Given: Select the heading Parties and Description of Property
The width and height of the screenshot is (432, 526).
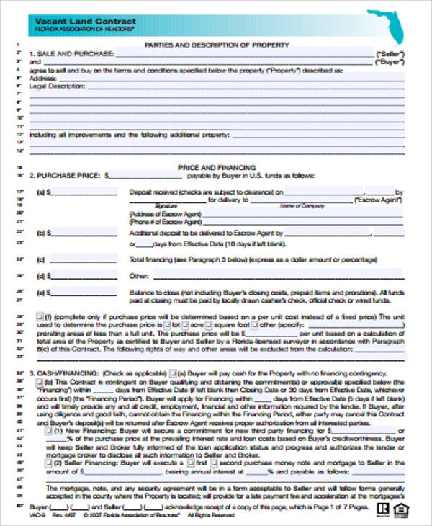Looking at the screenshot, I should point(217,45).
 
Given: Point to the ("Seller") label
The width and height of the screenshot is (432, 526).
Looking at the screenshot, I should point(390,54).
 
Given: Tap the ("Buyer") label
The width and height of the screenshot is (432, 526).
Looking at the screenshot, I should point(390,63).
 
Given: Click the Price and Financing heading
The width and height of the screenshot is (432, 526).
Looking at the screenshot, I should point(216,166).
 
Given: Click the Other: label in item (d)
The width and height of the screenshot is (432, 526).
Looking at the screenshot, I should point(139,276).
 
